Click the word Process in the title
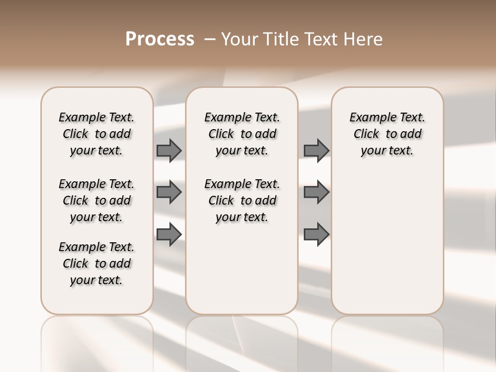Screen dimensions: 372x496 click(160, 39)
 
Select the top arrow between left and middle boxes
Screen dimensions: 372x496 click(169, 150)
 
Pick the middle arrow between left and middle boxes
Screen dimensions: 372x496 click(169, 192)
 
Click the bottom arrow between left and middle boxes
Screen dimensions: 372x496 click(169, 235)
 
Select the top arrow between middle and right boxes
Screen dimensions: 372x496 click(317, 150)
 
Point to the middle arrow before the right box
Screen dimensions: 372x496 click(317, 192)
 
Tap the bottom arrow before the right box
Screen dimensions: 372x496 click(317, 235)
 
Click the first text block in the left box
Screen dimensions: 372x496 click(97, 134)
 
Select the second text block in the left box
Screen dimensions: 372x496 click(97, 200)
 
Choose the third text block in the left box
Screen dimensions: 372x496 click(97, 263)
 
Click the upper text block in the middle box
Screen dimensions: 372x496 click(242, 134)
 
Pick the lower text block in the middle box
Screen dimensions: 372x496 click(242, 200)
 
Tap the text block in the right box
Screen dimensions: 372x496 click(387, 134)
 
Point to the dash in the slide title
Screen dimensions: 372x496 click(210, 39)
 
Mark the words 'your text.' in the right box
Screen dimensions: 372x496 click(387, 151)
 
